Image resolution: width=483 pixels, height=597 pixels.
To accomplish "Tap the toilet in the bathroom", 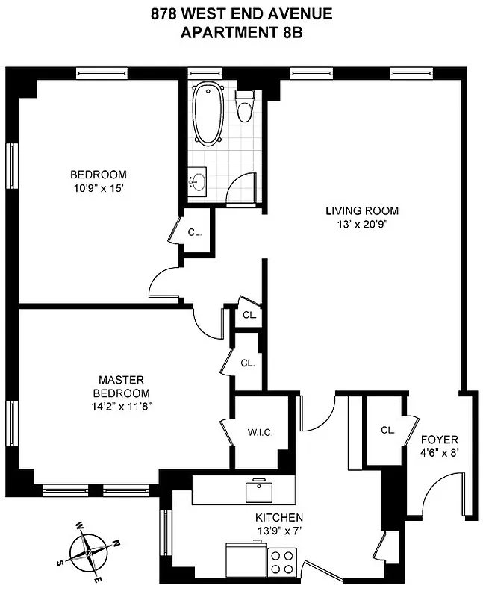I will coord(244,107).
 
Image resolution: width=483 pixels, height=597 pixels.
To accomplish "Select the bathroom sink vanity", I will coord(196,182).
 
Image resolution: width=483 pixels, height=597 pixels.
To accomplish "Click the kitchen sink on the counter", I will coord(259,491).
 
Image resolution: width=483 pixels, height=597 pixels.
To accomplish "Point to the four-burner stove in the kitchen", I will coord(283,562).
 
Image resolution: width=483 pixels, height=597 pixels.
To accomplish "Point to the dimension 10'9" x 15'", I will coord(94,188).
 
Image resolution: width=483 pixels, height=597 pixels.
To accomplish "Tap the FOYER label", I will coord(440,440).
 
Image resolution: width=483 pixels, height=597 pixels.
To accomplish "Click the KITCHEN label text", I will coord(278,518).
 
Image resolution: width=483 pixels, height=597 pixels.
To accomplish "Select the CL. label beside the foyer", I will coord(387,430).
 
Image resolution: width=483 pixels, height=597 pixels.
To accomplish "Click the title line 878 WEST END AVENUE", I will coord(242,13).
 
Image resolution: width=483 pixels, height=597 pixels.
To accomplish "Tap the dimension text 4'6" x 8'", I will coord(440,452).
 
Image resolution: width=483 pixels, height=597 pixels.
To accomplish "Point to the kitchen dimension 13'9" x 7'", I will coord(278,531).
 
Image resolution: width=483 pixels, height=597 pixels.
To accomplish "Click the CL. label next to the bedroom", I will coord(195,232).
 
